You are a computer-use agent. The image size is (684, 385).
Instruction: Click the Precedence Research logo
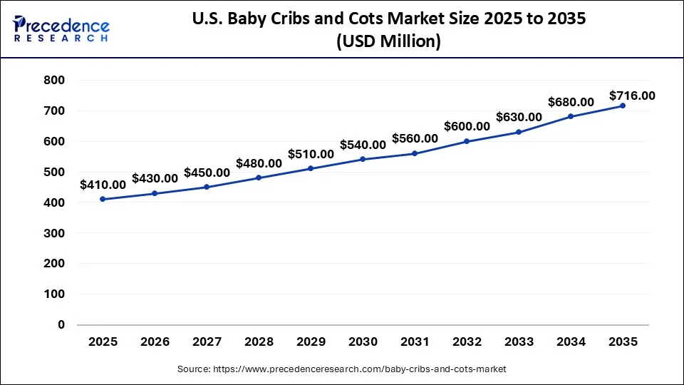(61, 29)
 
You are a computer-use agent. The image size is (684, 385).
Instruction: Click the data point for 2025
(103, 199)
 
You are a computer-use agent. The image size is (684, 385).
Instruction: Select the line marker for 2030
(363, 159)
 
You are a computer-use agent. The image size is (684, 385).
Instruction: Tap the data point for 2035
(623, 106)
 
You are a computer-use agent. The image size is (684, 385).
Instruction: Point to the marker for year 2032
(467, 141)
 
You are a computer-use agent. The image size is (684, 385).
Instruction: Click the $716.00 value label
(632, 96)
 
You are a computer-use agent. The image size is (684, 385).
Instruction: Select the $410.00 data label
(103, 185)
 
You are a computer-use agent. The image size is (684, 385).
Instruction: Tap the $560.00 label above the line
(415, 138)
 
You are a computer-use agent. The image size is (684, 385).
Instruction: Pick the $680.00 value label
(571, 102)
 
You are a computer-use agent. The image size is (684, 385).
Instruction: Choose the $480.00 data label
(259, 163)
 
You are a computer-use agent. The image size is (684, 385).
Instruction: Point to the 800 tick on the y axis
(55, 81)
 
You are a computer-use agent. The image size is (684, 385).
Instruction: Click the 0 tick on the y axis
(61, 324)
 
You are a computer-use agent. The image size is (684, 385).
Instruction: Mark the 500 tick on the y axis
(55, 172)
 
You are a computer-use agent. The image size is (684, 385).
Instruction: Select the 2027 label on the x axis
(207, 342)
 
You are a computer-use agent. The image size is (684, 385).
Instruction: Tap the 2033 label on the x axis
(519, 342)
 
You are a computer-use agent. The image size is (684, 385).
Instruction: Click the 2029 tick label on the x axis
(311, 342)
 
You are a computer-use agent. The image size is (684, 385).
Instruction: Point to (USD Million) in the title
(388, 42)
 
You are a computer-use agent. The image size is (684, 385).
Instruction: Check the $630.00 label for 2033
(519, 117)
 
